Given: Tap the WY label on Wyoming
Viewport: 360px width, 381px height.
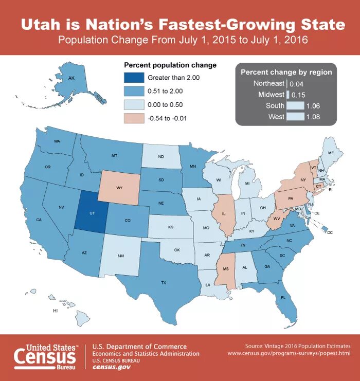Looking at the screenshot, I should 119,188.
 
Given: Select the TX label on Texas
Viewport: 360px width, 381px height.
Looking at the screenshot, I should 164,282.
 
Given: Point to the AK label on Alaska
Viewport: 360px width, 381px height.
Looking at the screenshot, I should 72,78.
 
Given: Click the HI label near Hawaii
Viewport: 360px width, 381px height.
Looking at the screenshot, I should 56,311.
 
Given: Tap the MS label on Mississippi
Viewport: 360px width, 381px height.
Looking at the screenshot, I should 225,268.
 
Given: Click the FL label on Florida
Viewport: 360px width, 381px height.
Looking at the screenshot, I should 283,297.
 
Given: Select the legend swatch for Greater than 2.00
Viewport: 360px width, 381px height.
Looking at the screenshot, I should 133,78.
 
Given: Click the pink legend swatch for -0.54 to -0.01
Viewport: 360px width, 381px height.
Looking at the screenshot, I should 133,118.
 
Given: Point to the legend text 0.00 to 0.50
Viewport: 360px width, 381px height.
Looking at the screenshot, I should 166,104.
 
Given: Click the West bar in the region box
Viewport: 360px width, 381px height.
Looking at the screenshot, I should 294,117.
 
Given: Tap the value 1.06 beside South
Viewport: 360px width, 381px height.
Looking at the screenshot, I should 313,106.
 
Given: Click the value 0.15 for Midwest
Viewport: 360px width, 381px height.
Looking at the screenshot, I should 298,95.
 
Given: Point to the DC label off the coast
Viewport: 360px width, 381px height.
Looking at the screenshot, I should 330,233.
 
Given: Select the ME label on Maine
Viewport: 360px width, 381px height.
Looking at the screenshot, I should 331,153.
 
